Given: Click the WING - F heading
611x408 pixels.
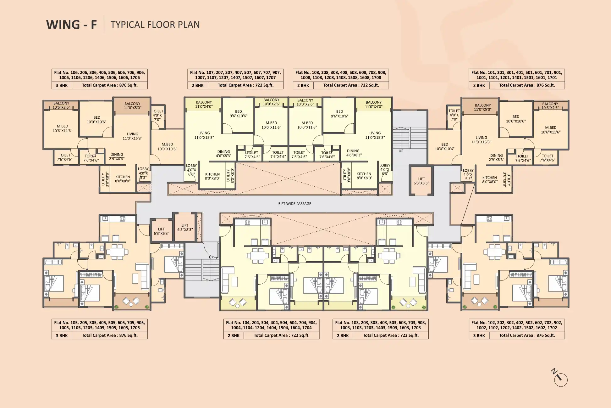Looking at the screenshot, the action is (x=72, y=25).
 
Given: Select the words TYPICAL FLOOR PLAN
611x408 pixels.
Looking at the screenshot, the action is (x=155, y=25).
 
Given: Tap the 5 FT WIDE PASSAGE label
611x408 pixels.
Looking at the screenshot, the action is (x=294, y=204).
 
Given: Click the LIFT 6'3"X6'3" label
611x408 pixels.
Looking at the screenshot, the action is (x=161, y=231).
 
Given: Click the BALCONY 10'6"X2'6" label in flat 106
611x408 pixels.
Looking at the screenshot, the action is (x=61, y=105).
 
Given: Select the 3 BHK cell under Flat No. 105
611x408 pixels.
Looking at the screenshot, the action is (x=62, y=336).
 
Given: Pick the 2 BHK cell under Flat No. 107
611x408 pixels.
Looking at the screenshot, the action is (x=198, y=85).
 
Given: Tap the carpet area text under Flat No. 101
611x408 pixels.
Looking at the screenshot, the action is (x=527, y=85).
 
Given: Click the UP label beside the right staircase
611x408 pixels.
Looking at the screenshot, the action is (x=401, y=151).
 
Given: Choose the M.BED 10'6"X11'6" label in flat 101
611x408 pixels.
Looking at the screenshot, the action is (x=551, y=130).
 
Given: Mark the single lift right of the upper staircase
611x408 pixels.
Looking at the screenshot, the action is (x=421, y=181).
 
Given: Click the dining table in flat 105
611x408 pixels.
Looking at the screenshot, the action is (x=117, y=252).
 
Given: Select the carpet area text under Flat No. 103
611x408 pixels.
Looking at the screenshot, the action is (x=391, y=336).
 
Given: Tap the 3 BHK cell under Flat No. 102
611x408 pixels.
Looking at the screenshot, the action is (x=479, y=336).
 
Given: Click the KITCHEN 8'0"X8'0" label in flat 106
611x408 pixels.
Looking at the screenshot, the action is (x=123, y=179).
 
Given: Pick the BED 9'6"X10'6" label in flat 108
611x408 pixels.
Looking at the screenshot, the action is (x=339, y=114).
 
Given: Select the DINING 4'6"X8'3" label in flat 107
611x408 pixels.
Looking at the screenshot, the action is (x=223, y=154).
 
